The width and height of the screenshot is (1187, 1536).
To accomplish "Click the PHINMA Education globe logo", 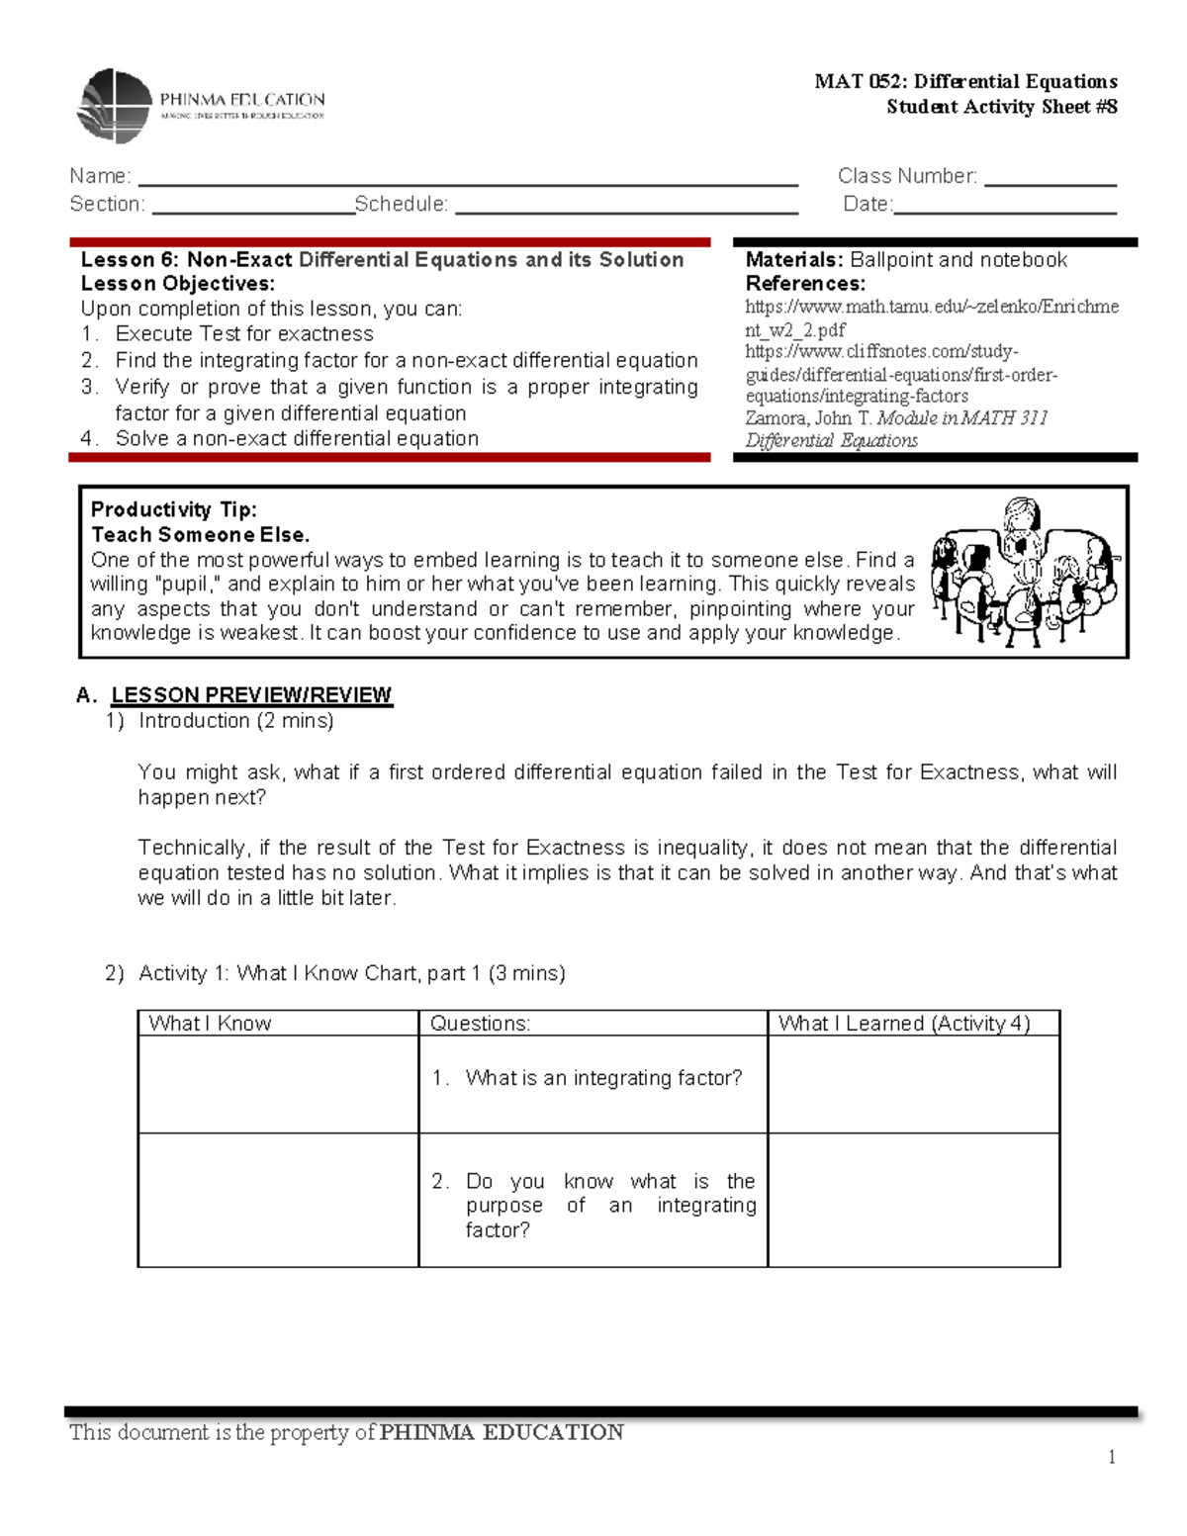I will click(116, 105).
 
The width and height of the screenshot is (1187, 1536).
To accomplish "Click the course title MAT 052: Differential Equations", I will click(965, 82).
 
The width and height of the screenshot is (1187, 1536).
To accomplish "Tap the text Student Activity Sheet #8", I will click(1001, 107).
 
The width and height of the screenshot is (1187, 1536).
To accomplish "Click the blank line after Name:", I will click(467, 178).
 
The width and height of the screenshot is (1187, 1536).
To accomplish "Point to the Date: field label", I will click(867, 205).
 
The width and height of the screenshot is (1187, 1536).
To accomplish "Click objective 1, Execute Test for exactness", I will click(243, 334).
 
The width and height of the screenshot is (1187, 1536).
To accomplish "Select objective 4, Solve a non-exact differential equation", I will click(296, 439).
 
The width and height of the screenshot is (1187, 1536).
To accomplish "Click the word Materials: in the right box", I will click(793, 260).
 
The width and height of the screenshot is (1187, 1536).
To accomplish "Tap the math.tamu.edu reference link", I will click(931, 318).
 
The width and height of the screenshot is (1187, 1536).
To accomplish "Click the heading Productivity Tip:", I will click(174, 510).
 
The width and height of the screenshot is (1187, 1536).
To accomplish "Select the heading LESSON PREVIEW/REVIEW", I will click(251, 695).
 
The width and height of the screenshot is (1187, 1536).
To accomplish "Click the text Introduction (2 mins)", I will click(235, 721).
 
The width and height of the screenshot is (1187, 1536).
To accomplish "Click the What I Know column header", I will click(210, 1024).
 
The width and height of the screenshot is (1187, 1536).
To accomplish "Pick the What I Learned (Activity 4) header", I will click(904, 1024).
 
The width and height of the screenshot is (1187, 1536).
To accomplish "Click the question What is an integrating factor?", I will click(602, 1078).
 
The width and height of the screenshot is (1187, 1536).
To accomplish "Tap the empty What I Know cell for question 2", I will click(278, 1200).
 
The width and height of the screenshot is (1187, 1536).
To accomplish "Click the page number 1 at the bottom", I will click(1112, 1456).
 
